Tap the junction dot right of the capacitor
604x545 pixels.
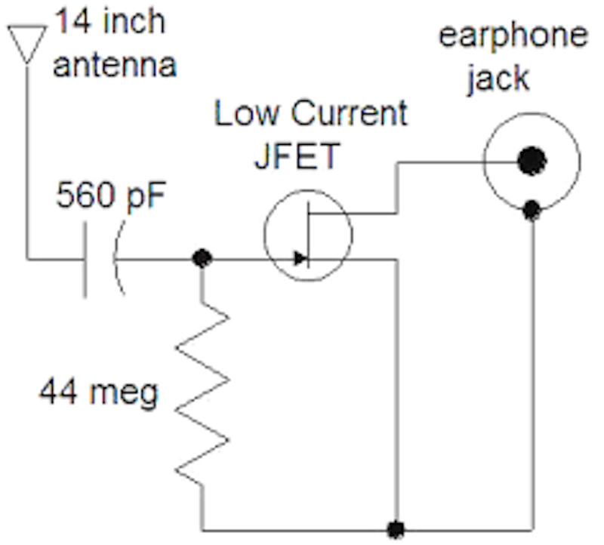(x=202, y=259)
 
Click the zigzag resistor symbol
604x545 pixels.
(x=202, y=393)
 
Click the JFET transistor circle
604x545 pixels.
(x=307, y=234)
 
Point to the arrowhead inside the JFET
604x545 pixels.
(x=300, y=259)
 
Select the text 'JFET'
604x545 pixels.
(x=299, y=156)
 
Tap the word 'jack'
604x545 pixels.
(x=498, y=76)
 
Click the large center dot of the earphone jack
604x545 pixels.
(x=532, y=160)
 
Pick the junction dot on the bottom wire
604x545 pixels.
(x=395, y=528)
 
